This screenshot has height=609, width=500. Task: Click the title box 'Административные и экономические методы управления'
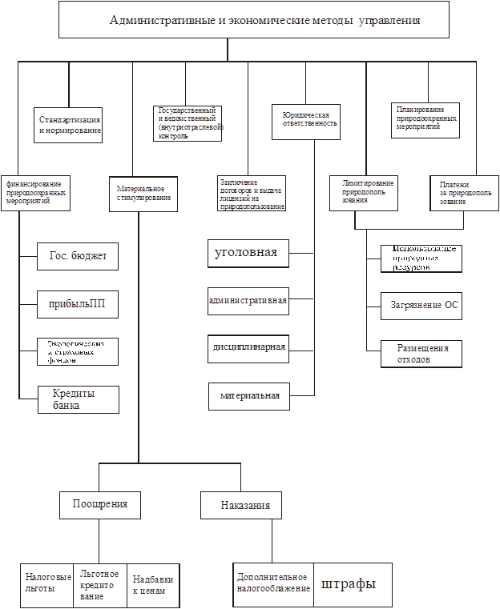265,19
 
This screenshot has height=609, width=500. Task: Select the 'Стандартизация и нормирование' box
69,124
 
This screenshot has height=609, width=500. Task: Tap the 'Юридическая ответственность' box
306,121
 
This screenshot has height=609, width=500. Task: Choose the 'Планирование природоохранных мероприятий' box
425,119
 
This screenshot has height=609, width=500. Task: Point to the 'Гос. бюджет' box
78,256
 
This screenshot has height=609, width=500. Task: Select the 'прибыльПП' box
78,304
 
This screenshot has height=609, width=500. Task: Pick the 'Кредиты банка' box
79,399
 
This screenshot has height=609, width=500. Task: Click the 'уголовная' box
247,253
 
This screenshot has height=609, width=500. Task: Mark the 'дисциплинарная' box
248,347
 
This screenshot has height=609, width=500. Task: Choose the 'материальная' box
249,395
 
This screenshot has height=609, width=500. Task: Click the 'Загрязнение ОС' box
425,305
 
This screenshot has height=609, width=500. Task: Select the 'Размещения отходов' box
422,354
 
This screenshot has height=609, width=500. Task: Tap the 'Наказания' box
245,505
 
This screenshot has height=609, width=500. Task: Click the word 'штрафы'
349,583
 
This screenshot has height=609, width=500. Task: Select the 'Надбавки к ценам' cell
152,586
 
